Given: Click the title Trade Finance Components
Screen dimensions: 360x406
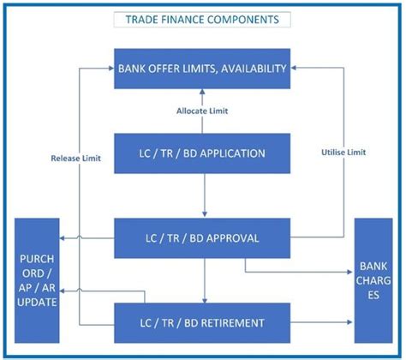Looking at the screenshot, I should tap(202, 19).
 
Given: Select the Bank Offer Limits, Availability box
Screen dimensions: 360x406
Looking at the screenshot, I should tap(202, 68).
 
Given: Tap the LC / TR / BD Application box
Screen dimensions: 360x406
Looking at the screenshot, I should tap(202, 153).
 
